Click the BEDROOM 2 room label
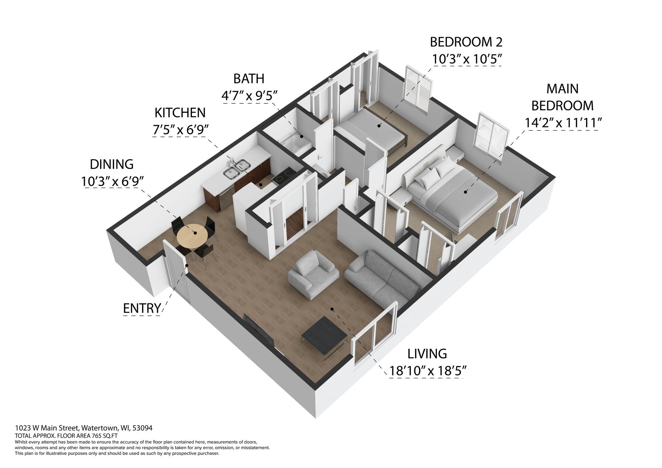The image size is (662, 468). click(466, 42)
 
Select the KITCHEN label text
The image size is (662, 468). click(180, 113)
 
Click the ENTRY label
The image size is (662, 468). click(142, 308)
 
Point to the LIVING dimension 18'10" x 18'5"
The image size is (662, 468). click(428, 371)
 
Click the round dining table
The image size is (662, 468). click(192, 236)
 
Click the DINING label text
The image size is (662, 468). click(111, 164)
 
